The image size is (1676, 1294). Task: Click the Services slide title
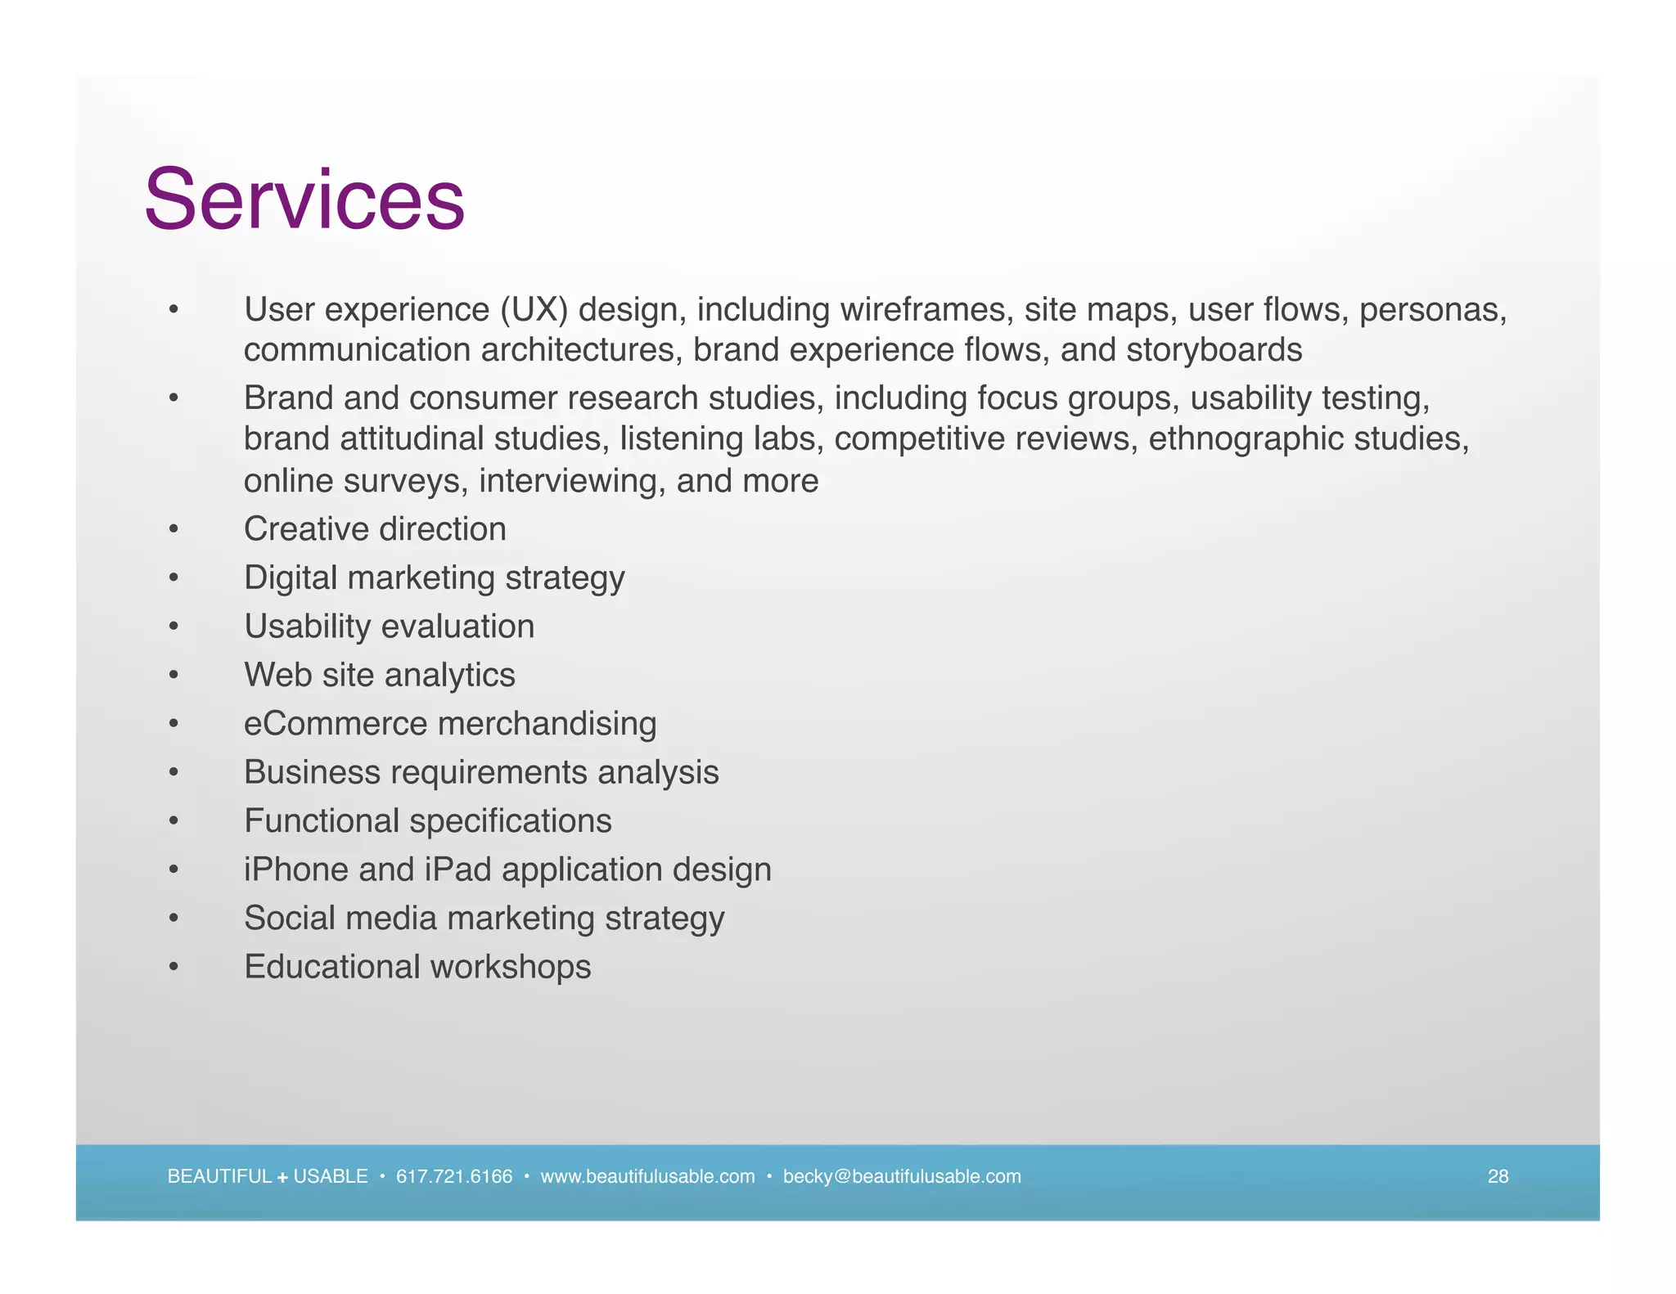[x=304, y=200]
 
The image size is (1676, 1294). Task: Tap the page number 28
[x=1498, y=1176]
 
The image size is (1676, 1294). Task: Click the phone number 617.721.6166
[x=454, y=1176]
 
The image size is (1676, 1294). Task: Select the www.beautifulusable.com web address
[x=647, y=1176]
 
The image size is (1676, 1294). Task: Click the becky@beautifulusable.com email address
[x=902, y=1176]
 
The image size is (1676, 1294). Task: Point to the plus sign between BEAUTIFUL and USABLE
[x=282, y=1178]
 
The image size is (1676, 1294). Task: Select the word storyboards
[x=1214, y=350]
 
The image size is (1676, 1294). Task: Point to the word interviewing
[x=571, y=481]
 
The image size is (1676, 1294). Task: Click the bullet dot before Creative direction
[x=173, y=530]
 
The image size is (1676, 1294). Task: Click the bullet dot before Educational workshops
[x=173, y=968]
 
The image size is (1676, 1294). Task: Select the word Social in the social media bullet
[x=290, y=918]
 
